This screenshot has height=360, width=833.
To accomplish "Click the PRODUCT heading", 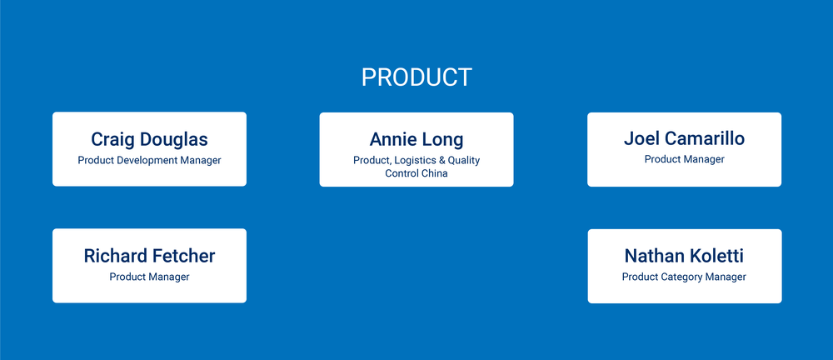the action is click(x=416, y=77).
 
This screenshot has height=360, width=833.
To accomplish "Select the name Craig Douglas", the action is click(x=149, y=139).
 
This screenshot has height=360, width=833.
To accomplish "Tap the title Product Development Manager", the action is click(x=149, y=160).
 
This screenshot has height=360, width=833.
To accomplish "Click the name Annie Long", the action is click(x=416, y=139).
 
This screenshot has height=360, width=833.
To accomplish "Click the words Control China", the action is click(x=416, y=173).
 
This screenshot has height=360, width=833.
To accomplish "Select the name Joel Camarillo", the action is click(x=684, y=138).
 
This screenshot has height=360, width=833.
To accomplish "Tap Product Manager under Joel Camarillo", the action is click(x=684, y=159).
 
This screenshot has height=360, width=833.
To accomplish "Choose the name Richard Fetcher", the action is click(x=149, y=256).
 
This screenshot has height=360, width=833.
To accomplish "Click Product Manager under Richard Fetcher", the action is click(x=149, y=277).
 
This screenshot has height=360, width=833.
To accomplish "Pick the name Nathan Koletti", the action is click(x=684, y=256).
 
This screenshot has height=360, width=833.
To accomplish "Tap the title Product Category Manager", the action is click(x=684, y=277).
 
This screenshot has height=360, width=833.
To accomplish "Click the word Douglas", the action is click(x=174, y=139).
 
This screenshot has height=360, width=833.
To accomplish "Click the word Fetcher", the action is click(x=182, y=256).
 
